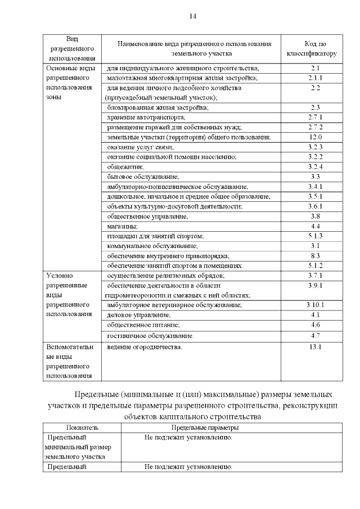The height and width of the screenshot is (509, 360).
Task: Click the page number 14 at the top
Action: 193,16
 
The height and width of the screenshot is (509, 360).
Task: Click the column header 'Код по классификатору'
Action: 315,49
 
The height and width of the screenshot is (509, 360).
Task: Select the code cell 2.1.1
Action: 315,78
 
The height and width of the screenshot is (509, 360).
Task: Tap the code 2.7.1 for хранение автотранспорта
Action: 315,117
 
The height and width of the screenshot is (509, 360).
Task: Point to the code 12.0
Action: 315,137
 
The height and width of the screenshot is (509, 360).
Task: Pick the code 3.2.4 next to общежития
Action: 315,166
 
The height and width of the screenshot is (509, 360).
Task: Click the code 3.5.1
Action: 315,196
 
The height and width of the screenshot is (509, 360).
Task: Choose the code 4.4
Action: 315,226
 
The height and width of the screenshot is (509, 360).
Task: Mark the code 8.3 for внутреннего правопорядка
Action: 315,255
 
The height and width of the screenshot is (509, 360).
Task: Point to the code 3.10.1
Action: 315,305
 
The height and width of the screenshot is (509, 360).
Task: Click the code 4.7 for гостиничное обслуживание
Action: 315,335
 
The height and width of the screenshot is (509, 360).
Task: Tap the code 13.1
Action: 315,346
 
